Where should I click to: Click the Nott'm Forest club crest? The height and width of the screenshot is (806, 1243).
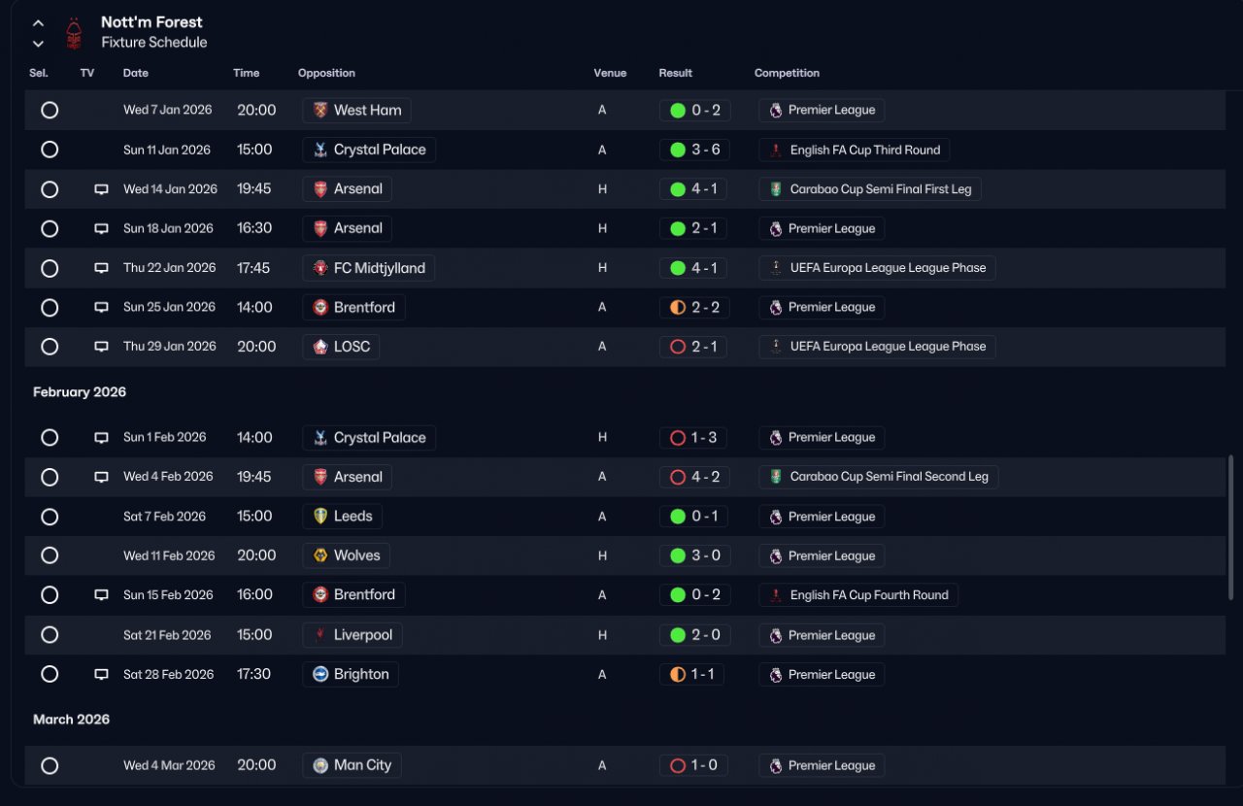coord(74,33)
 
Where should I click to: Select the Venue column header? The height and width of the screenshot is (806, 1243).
coord(610,73)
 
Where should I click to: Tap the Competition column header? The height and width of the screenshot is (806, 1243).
coord(787,73)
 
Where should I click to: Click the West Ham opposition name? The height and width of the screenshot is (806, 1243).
coord(367,110)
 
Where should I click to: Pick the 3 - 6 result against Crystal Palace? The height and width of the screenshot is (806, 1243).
coord(705,150)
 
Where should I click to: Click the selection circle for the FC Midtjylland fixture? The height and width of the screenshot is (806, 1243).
coord(50,268)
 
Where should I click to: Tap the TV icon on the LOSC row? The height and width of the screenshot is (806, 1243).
coord(101,347)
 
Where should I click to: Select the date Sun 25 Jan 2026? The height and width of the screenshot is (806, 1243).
coord(169,307)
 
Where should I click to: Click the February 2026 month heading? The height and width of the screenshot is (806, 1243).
coord(80,392)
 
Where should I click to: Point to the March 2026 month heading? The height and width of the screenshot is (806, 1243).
coord(71,720)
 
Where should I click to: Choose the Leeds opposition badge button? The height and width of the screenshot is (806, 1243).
coord(342,517)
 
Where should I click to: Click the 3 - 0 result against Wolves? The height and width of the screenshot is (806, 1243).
coord(705,555)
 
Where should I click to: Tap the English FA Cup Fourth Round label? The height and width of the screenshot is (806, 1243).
coord(869,595)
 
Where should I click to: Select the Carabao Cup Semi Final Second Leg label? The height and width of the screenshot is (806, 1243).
coord(889,476)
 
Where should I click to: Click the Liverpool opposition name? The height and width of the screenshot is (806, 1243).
coord(363,634)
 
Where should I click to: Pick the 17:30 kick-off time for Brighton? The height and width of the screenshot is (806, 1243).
coord(253,674)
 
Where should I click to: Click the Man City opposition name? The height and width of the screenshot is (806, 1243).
coord(362,765)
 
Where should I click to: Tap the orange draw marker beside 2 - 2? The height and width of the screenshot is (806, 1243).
coord(678,307)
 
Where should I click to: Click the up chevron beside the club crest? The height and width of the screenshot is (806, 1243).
coord(38,23)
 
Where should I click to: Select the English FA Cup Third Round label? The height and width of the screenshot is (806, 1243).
coord(865,150)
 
